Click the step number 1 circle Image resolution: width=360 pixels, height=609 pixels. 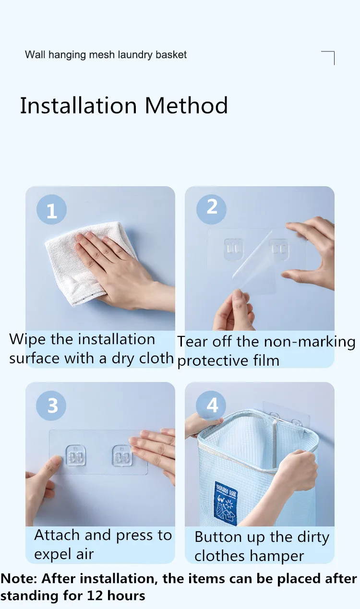[51, 209]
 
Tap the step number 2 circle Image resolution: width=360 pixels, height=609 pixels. [211, 209]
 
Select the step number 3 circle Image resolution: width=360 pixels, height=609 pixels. [51, 406]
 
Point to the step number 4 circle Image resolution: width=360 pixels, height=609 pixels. [211, 406]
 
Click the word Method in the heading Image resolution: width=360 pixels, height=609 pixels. [186, 106]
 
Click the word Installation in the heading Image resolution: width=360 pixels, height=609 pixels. [78, 106]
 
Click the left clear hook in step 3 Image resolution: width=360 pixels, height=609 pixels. [76, 455]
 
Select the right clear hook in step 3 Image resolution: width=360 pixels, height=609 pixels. [122, 455]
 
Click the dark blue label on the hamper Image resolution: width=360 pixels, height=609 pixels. [226, 503]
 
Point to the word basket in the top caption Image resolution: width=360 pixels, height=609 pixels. [171, 55]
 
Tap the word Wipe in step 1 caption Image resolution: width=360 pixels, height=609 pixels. [27, 339]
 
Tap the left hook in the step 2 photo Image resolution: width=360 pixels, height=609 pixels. [233, 249]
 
